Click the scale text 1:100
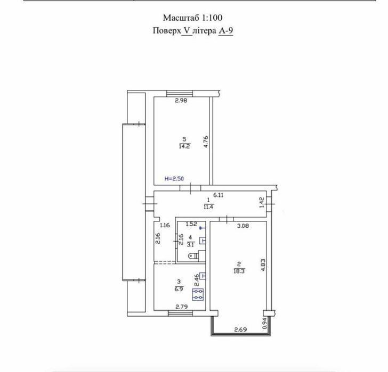click(212, 18)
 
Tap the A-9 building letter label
click(225, 31)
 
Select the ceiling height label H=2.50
click(174, 179)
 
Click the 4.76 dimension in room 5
click(206, 142)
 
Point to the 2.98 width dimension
click(181, 101)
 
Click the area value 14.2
click(184, 146)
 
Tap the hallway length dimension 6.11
click(219, 195)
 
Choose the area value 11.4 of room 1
click(208, 207)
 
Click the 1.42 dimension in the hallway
click(262, 202)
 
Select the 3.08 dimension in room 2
click(243, 226)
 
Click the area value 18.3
click(239, 271)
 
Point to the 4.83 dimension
click(263, 265)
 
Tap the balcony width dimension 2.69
click(240, 329)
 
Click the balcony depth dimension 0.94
click(264, 323)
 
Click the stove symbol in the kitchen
click(198, 294)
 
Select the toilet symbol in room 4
click(193, 256)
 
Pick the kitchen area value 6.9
click(179, 289)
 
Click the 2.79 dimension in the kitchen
click(182, 307)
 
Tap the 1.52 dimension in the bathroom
click(191, 224)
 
